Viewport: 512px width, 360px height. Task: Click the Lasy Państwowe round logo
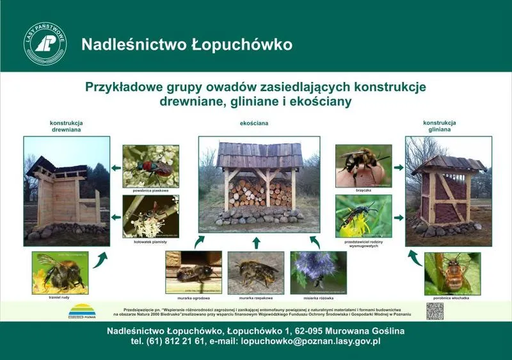(45, 44)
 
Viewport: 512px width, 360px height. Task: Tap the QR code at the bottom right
(435, 311)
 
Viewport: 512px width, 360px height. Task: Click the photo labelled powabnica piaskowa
(150, 166)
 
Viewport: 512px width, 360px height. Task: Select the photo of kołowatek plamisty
(150, 216)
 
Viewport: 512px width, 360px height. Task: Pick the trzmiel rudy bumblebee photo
(60, 273)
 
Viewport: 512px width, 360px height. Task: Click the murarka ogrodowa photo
(193, 272)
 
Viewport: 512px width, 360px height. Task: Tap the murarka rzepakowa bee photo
(256, 272)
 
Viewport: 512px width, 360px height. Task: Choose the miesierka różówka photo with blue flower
(318, 272)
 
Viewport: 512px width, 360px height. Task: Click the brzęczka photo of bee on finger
(364, 165)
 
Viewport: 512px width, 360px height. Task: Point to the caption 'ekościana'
(254, 122)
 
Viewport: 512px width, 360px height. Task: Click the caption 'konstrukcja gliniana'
(439, 126)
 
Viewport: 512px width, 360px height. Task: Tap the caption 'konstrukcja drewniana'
(67, 126)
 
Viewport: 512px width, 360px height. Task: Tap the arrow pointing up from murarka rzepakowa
(256, 242)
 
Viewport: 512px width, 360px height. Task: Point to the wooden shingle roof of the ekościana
(259, 154)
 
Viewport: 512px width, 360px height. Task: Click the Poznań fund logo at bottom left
(82, 311)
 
